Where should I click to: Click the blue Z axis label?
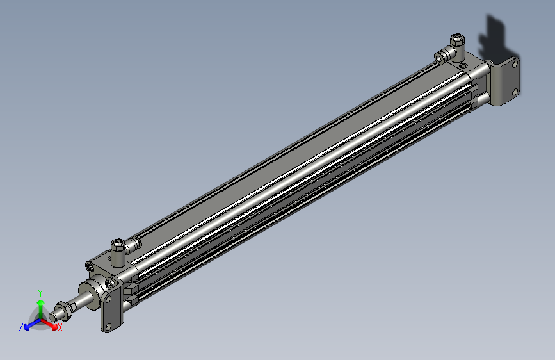tap(21, 327)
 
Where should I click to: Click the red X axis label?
tap(60, 328)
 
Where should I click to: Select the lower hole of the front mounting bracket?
tap(109, 325)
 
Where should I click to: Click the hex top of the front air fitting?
tap(118, 244)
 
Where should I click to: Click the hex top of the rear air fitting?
tap(456, 39)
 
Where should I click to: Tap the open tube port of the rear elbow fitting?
tap(439, 58)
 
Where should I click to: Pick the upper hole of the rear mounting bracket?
tap(513, 64)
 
